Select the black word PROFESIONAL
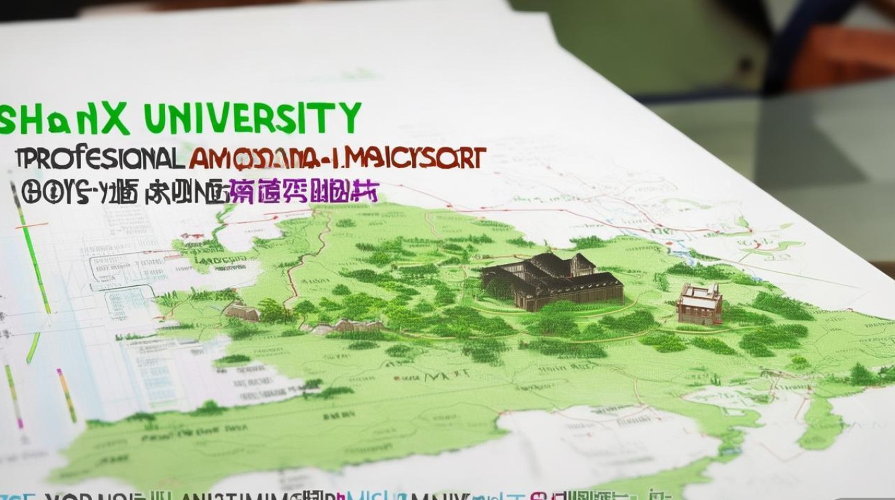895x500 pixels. pyautogui.click(x=100, y=159)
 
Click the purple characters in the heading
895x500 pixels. pyautogui.click(x=303, y=191)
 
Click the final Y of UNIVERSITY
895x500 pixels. pyautogui.click(x=348, y=118)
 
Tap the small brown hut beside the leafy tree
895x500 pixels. pyautogui.click(x=241, y=311)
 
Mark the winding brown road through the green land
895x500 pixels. pyautogui.click(x=300, y=260)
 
